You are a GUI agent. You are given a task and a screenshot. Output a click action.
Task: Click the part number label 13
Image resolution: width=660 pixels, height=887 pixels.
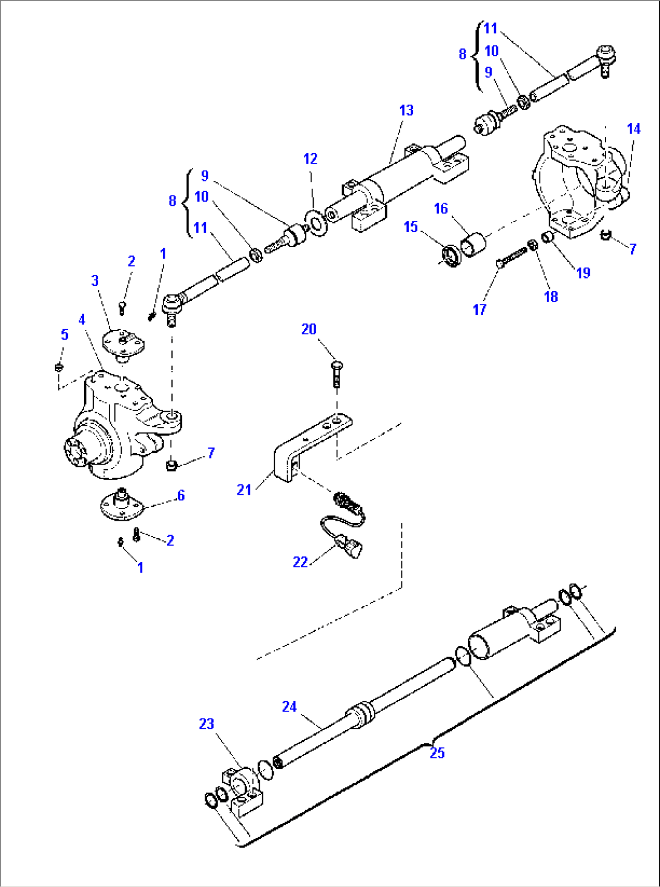[x=406, y=110]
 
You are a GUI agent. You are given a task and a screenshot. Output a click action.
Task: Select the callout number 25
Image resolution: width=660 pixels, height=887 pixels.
[x=437, y=753]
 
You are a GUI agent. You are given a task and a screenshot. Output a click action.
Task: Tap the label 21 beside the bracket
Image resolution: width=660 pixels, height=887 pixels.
[x=244, y=490]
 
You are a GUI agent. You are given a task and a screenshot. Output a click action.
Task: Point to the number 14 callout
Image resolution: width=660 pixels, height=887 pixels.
[x=633, y=129]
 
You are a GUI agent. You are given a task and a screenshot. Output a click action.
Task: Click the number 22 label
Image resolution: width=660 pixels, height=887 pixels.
[x=300, y=562]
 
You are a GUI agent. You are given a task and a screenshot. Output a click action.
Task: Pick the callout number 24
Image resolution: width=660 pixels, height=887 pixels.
[x=289, y=707]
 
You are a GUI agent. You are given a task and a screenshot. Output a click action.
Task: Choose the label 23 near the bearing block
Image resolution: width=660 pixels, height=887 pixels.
[x=206, y=724]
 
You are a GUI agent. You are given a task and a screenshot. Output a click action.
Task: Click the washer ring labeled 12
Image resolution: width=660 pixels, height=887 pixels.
[x=315, y=222]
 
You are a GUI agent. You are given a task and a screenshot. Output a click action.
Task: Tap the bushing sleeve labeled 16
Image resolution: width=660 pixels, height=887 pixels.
[x=474, y=245]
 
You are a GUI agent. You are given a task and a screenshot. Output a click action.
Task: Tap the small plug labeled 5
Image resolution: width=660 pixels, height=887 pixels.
[x=59, y=366]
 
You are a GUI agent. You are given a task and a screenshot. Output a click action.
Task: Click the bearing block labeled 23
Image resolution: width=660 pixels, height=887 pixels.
[x=243, y=787]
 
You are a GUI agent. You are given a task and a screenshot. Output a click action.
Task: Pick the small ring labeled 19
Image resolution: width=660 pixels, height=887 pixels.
[x=548, y=236]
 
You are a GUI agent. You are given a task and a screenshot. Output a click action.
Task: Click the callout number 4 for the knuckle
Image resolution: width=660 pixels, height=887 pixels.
[x=82, y=320]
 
